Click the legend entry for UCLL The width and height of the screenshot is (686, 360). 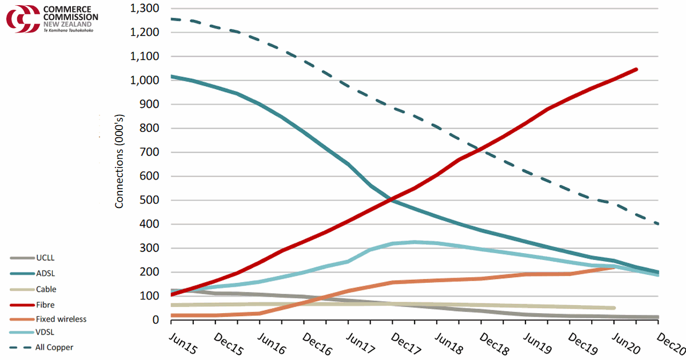44,258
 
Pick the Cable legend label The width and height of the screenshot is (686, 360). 46,290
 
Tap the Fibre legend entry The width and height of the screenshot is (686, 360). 45,305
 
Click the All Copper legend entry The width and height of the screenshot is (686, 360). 54,347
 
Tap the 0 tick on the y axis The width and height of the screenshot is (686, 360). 155,320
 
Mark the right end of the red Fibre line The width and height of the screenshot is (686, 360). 636,69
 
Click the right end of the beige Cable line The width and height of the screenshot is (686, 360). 614,308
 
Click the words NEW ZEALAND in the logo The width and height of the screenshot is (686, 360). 64,25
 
